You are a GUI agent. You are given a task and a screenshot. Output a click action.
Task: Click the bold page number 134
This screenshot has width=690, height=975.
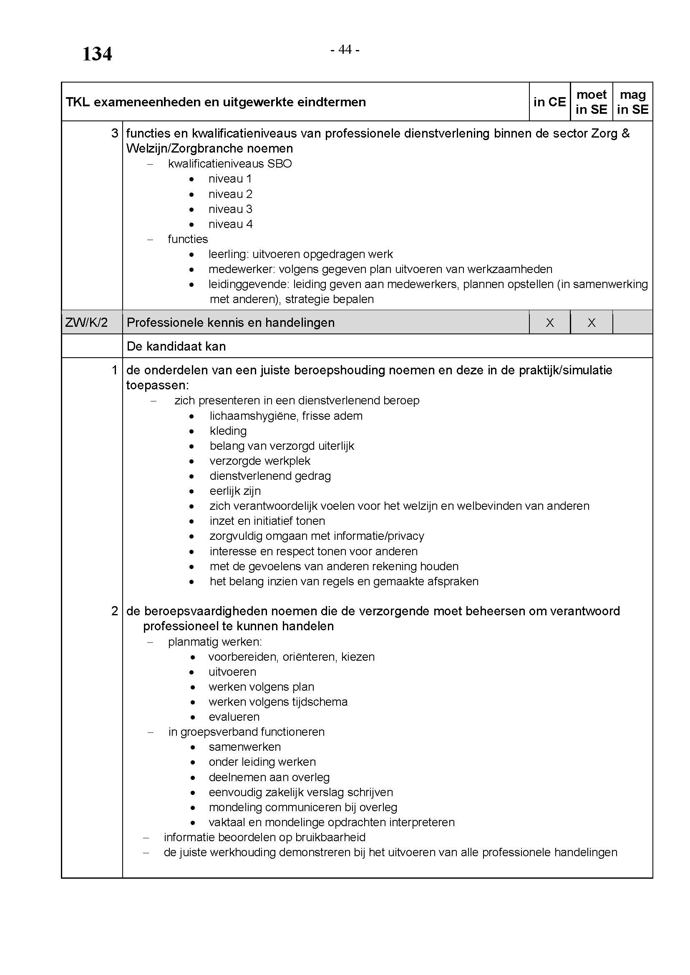(x=97, y=54)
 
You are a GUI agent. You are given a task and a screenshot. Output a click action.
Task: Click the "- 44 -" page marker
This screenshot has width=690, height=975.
(x=345, y=50)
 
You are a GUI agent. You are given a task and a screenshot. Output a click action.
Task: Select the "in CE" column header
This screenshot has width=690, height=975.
(x=549, y=102)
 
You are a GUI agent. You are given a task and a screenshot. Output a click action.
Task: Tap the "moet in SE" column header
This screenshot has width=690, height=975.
(x=591, y=102)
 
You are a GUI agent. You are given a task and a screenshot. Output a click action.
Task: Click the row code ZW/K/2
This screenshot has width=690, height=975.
(x=86, y=323)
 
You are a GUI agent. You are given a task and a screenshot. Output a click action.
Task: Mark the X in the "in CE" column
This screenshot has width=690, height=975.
(x=549, y=323)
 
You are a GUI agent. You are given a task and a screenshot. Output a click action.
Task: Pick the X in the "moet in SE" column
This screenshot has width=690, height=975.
(x=591, y=323)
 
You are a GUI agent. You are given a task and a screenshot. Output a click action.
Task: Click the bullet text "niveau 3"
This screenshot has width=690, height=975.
(x=230, y=209)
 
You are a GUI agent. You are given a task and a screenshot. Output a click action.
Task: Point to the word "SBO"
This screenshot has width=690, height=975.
(x=279, y=164)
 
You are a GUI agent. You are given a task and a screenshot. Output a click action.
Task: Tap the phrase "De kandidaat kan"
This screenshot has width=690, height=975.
(x=176, y=346)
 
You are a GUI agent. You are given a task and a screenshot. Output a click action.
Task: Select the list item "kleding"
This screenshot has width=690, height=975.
(x=228, y=431)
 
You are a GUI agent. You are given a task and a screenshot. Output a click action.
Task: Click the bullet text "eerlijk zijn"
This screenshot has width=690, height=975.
(x=235, y=491)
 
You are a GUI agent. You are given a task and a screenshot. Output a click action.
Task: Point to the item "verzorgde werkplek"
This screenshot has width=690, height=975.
(x=259, y=461)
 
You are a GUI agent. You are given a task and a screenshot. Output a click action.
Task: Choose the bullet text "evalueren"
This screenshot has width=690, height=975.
(x=234, y=717)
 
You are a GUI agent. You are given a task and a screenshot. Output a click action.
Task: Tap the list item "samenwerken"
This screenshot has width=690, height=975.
(x=245, y=747)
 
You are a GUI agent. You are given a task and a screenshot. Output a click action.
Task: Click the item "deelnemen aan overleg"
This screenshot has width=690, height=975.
(x=269, y=777)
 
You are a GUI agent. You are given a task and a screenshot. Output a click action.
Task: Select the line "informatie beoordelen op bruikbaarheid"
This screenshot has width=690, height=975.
(x=264, y=837)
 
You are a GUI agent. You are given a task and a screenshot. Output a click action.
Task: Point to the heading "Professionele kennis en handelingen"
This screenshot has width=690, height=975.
(x=230, y=323)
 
